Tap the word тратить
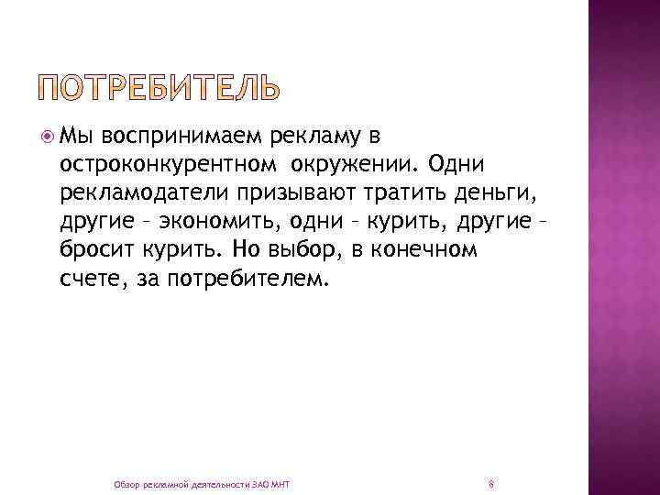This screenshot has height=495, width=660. click(416, 193)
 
